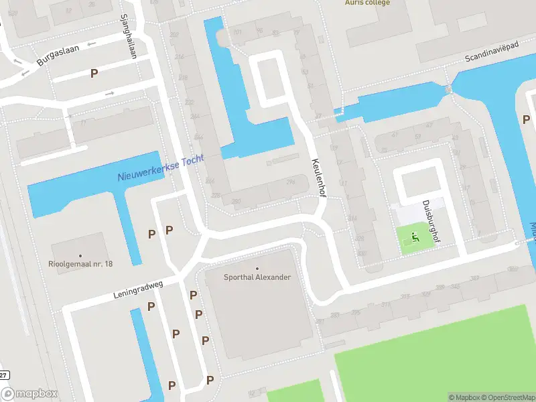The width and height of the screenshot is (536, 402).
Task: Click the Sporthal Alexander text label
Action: point(257,277)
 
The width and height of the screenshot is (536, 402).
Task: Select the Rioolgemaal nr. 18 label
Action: point(81,264)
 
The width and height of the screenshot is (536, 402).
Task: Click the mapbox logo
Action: point(29,394)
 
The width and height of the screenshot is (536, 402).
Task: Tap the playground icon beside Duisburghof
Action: point(416,237)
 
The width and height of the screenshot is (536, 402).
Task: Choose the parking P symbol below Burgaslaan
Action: point(94,73)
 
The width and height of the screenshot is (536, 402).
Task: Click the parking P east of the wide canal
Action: point(526,119)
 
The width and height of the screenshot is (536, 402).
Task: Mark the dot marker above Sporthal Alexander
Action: point(257,268)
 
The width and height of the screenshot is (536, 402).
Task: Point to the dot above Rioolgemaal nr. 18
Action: point(80,255)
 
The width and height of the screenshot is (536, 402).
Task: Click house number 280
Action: point(236,201)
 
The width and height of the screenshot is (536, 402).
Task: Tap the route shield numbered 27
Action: point(4,375)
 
